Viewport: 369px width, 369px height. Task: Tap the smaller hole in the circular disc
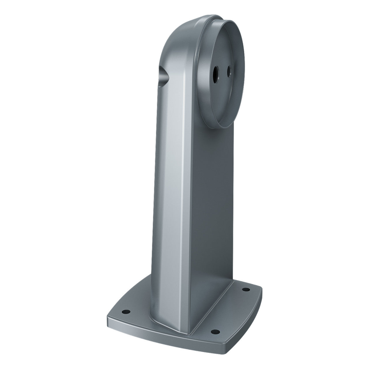click(x=229, y=71)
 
